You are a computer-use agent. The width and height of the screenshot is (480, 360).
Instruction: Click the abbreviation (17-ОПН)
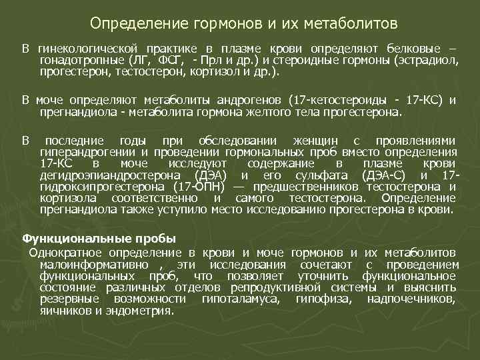pyautogui.click(x=201, y=187)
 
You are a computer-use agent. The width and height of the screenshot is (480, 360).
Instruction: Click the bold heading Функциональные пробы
pyautogui.click(x=99, y=238)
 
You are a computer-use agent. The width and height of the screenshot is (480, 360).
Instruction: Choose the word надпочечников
pyautogui.click(x=411, y=299)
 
